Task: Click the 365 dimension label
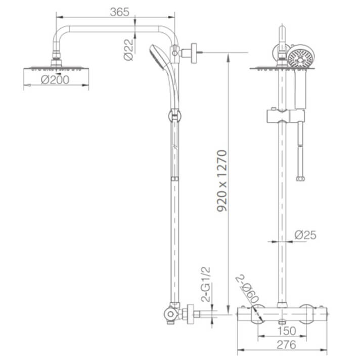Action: point(119,12)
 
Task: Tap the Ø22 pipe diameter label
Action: point(128,50)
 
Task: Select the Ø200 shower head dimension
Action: point(55,80)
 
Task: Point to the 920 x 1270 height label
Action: point(222,181)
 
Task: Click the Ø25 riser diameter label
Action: point(305,235)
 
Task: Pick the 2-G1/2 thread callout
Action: point(206,285)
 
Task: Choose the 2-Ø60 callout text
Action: point(247,289)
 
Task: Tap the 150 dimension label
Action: point(287,331)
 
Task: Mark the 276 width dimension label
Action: point(286,345)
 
